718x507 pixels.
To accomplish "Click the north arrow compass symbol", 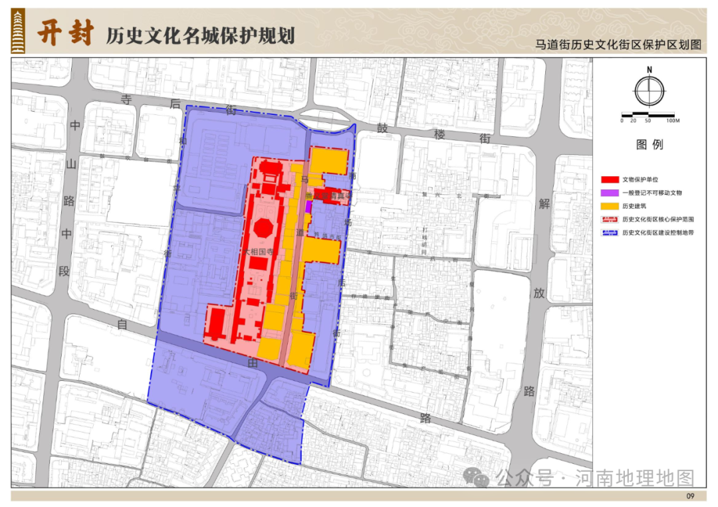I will (649, 91).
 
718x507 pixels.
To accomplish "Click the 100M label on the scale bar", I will (671, 121).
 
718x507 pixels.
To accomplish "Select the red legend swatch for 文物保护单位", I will (610, 180).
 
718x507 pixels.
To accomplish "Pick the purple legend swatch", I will (610, 193).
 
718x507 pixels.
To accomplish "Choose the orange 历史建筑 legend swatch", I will (610, 206).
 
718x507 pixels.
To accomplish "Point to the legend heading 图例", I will (649, 145).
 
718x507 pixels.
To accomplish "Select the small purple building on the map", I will (308, 206).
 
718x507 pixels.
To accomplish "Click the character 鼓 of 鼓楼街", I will (382, 128).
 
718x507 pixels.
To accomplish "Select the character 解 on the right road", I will (544, 204).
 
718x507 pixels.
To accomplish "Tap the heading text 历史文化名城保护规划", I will (200, 35).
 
